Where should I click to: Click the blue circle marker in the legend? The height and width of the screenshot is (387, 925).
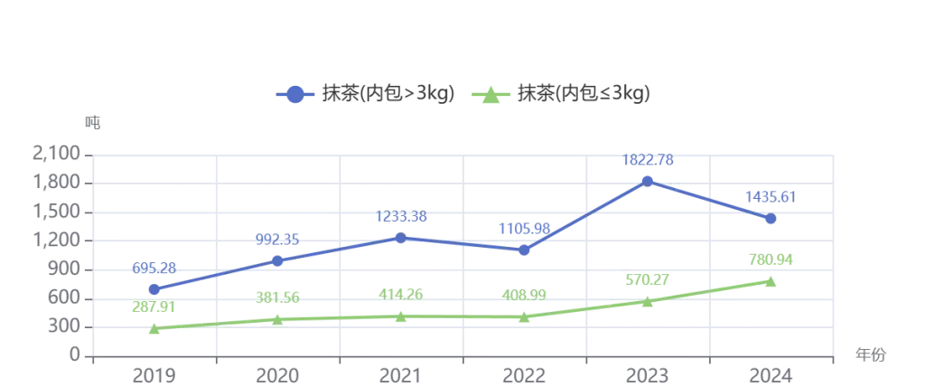pyautogui.click(x=294, y=93)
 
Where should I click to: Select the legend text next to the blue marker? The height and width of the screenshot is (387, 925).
pyautogui.click(x=384, y=93)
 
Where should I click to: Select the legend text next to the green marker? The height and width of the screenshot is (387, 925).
pyautogui.click(x=581, y=93)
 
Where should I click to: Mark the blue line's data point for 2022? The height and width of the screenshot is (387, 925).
pyautogui.click(x=524, y=251)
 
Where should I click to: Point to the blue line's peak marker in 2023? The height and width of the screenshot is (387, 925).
pyautogui.click(x=648, y=182)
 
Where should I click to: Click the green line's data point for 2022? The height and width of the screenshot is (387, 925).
pyautogui.click(x=524, y=316)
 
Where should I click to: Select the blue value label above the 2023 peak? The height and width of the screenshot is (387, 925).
pyautogui.click(x=648, y=161)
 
